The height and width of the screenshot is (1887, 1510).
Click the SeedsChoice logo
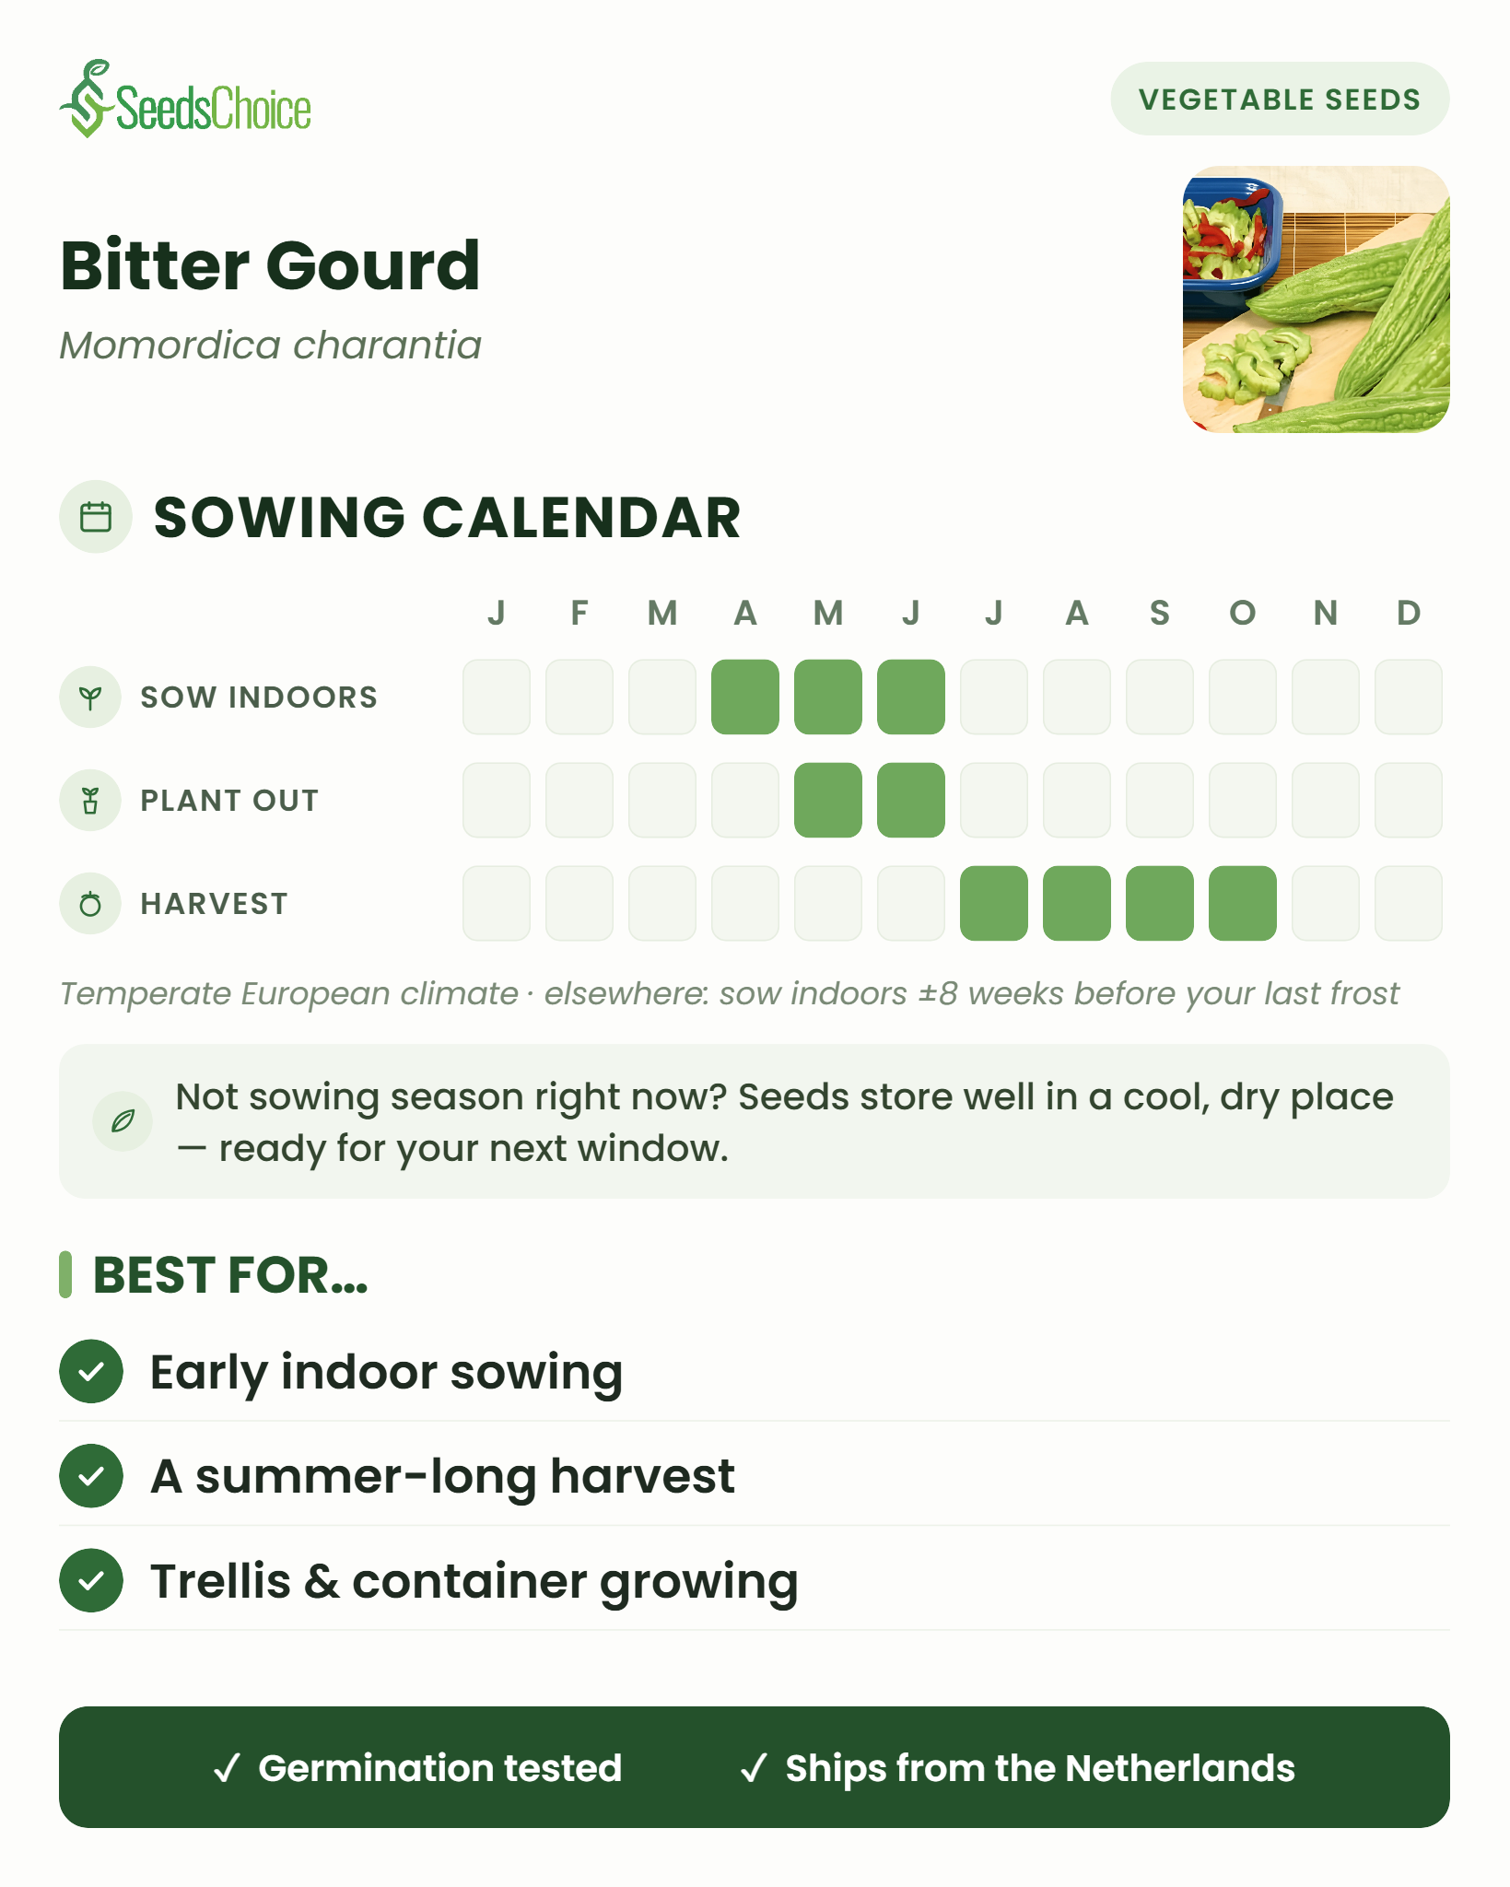point(185,100)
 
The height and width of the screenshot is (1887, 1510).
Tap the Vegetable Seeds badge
point(1280,99)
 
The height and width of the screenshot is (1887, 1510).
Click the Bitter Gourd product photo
point(1317,299)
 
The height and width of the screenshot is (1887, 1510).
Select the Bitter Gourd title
point(270,265)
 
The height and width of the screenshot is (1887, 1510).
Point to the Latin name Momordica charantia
point(270,346)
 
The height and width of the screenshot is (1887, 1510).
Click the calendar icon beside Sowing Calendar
point(96,517)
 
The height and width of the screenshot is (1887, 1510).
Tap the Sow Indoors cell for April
point(745,697)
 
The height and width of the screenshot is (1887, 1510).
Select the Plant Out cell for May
point(828,800)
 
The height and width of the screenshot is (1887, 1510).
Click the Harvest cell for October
point(1243,903)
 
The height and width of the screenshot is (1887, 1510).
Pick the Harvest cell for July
point(994,903)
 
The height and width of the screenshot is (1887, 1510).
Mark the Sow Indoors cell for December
point(1409,697)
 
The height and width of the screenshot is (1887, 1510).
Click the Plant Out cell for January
point(497,800)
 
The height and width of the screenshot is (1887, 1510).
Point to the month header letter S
point(1160,613)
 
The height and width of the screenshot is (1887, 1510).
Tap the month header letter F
point(579,613)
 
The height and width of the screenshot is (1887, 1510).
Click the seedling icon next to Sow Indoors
point(90,697)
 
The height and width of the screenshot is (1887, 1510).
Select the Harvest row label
point(214,904)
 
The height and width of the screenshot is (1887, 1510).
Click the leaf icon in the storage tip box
point(123,1120)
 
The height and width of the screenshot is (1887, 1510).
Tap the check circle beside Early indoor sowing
point(91,1372)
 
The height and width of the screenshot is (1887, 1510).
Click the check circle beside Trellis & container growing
point(91,1581)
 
